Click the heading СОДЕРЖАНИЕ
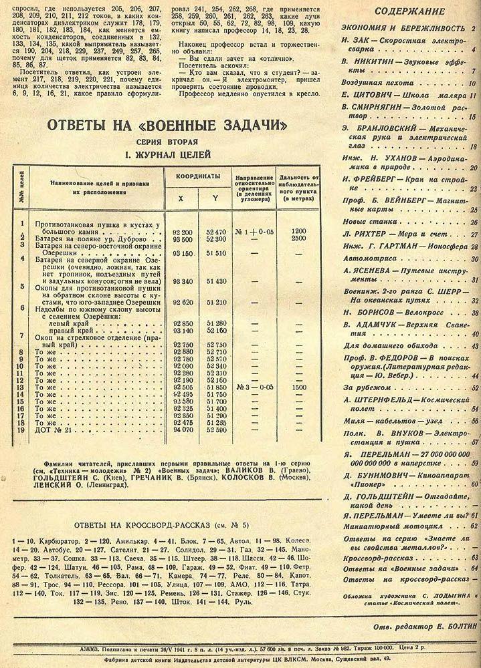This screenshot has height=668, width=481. click(410, 11)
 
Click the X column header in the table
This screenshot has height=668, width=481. click(180, 198)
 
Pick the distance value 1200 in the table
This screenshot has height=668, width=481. click(298, 231)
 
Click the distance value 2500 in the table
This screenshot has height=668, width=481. click(298, 238)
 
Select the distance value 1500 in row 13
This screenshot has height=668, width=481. click(298, 386)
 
